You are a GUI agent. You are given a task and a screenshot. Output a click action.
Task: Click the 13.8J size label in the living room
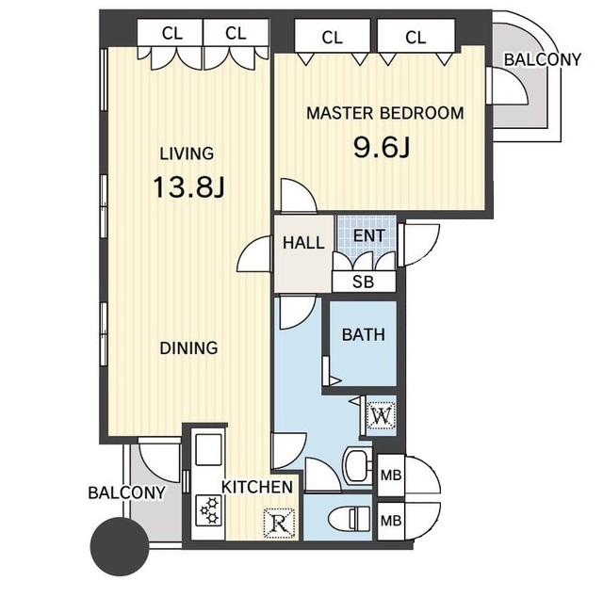[x=188, y=186]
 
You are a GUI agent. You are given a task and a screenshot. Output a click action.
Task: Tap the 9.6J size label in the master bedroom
[x=382, y=147]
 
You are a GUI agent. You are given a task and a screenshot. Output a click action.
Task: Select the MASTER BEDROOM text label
[x=385, y=113]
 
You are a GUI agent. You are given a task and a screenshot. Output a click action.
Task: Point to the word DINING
[x=188, y=347]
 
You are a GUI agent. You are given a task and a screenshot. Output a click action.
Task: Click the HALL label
[x=303, y=243]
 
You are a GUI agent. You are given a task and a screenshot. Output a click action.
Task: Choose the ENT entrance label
[x=368, y=235]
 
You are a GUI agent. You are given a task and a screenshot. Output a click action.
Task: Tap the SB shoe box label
[x=363, y=282]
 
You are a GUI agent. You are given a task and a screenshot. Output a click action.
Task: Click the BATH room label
[x=364, y=335]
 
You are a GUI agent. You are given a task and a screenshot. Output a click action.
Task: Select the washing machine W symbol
[x=381, y=415]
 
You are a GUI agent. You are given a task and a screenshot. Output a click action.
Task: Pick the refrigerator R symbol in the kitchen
[x=280, y=523]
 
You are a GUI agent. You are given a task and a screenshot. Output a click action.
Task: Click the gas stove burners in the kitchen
[x=209, y=510]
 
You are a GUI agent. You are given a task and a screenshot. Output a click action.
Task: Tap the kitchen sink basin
[x=209, y=450]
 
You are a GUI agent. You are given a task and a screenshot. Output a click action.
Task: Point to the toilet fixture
[x=350, y=519]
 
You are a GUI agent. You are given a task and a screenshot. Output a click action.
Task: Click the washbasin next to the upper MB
[x=357, y=466]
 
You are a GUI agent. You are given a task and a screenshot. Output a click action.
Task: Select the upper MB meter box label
[x=391, y=476]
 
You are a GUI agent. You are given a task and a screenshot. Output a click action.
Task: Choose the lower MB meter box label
[x=391, y=521]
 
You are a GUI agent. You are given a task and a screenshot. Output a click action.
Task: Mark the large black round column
[x=120, y=546]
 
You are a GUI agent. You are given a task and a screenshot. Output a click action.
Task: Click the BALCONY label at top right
[x=543, y=59]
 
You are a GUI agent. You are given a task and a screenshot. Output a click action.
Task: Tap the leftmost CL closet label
[x=171, y=34]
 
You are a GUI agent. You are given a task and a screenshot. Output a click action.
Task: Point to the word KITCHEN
[x=257, y=488]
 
